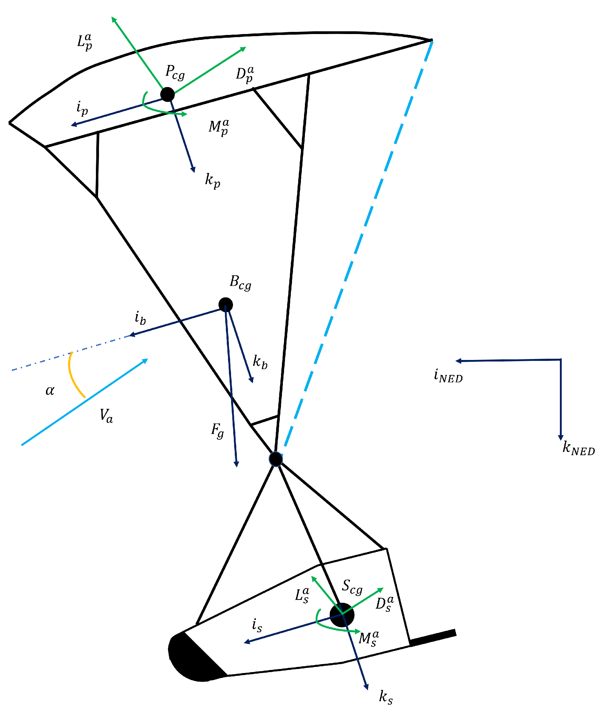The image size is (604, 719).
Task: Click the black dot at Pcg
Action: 167,94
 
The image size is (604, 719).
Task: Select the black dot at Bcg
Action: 226,304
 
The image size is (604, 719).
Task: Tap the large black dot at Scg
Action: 342,615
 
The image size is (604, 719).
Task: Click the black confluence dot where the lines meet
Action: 275,459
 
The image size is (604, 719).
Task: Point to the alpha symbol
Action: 50,391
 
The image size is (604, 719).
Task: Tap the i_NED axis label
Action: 448,376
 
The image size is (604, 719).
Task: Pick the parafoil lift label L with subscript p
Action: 84,42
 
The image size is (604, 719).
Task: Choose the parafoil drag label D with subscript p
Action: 245,74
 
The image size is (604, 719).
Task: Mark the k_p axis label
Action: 212,180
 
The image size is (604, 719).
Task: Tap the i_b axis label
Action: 140,318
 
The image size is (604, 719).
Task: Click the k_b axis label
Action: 260,362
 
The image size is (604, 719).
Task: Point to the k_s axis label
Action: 386,697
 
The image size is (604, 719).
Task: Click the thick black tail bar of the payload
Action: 433,637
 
